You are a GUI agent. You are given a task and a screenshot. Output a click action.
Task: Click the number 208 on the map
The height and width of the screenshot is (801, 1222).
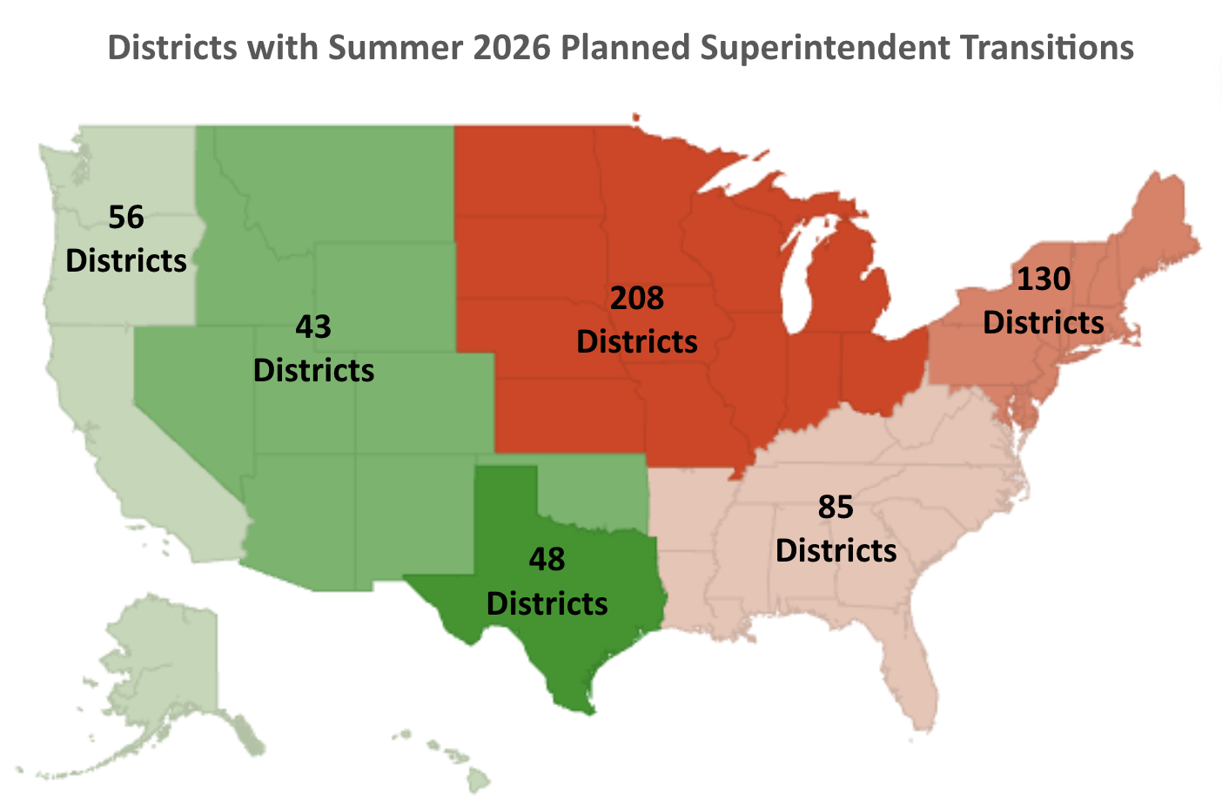click(636, 299)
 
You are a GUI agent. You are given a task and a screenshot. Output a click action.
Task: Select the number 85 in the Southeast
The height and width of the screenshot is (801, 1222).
click(836, 507)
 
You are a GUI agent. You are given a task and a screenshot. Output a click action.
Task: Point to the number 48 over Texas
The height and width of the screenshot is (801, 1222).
click(547, 560)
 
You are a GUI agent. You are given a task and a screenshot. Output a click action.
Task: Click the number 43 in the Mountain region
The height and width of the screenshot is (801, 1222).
click(313, 327)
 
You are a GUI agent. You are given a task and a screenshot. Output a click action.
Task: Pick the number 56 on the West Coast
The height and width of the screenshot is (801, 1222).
click(126, 218)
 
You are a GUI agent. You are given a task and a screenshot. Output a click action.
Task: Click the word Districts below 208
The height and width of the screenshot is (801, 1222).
click(636, 342)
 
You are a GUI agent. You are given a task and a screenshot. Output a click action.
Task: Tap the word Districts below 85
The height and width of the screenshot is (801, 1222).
click(836, 551)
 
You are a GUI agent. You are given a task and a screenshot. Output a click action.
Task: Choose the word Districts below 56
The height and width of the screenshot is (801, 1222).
click(126, 261)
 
